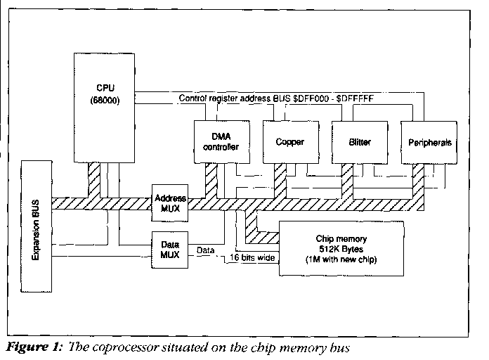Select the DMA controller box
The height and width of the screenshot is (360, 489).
(x=220, y=141)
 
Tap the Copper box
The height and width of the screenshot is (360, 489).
(x=289, y=141)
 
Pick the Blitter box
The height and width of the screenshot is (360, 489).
(x=359, y=141)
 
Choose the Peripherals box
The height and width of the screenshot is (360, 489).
(x=429, y=141)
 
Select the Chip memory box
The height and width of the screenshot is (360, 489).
(x=342, y=247)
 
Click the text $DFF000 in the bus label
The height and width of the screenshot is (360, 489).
(x=330, y=99)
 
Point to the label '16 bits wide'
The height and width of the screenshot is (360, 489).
(x=253, y=258)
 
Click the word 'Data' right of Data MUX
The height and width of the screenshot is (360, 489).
(x=206, y=250)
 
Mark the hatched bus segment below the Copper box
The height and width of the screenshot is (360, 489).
(x=280, y=179)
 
